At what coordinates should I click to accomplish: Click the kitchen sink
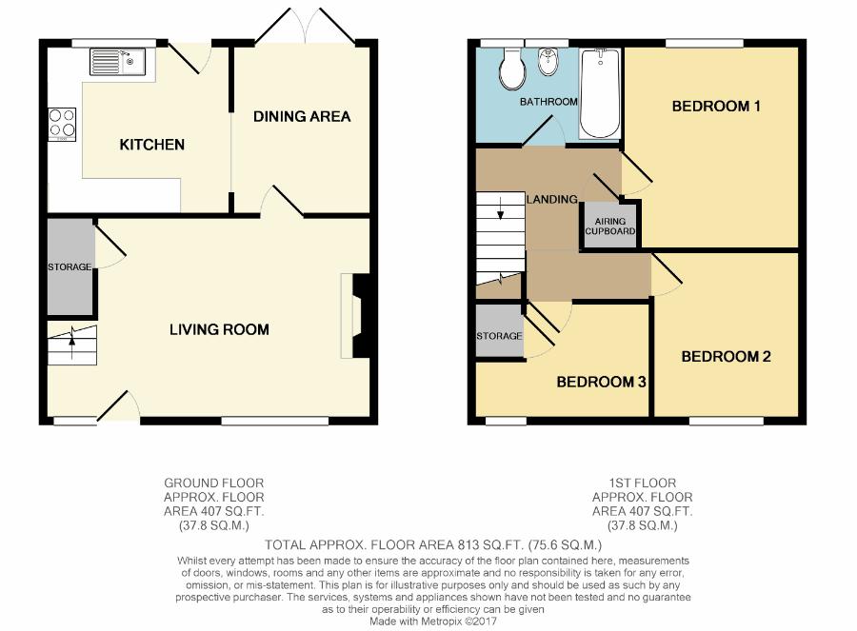117,61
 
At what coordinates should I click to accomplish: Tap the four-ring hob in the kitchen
62,125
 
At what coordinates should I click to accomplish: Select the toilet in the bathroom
512,69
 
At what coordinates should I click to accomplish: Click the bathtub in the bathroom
600,93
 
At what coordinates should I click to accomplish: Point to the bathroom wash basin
548,62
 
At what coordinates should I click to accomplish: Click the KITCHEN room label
152,145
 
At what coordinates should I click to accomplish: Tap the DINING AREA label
302,116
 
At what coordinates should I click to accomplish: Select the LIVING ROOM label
219,329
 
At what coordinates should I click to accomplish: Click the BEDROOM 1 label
716,106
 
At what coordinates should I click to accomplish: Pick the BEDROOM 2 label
726,357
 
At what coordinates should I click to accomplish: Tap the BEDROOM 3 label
601,382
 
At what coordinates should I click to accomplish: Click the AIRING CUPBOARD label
610,226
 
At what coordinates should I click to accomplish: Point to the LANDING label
552,200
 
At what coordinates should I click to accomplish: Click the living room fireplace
356,316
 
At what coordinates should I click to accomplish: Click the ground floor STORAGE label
70,267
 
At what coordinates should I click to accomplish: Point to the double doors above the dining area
305,25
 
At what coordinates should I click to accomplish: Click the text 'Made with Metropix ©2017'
433,621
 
